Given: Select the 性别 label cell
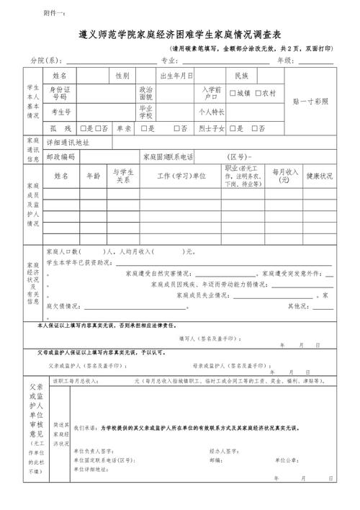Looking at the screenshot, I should [x=122, y=76].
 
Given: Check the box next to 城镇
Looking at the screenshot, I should [x=233, y=93].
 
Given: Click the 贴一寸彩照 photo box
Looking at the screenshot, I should [x=310, y=102].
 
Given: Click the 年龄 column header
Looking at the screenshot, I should [x=94, y=175].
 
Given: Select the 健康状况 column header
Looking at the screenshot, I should [x=320, y=176].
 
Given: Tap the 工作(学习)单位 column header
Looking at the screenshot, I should [x=181, y=176].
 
